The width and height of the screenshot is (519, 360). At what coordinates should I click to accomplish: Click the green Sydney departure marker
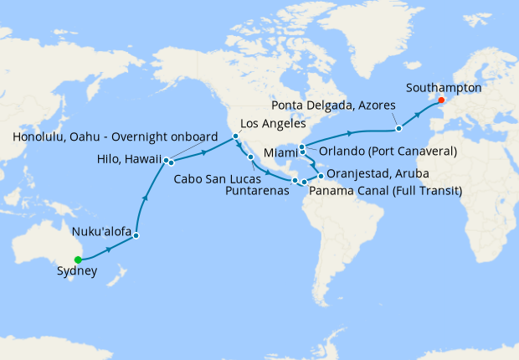(x=78, y=260)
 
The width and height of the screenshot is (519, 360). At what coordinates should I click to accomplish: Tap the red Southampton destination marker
(x=441, y=101)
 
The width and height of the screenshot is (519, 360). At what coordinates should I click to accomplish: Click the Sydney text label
(x=76, y=272)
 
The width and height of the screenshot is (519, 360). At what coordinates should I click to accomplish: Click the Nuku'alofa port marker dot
(x=136, y=235)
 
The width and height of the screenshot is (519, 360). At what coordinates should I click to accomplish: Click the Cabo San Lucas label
(x=221, y=178)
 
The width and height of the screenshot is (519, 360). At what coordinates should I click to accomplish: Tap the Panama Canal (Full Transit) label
(x=386, y=190)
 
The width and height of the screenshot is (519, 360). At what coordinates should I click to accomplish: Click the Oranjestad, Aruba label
(x=378, y=174)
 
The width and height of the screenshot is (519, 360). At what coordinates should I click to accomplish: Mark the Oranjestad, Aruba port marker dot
(x=320, y=176)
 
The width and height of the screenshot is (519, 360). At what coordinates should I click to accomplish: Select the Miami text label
(x=279, y=153)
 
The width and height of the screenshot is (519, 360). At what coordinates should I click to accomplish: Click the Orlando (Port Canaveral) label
(x=388, y=152)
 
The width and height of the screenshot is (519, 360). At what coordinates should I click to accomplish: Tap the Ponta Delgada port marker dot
(x=399, y=128)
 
